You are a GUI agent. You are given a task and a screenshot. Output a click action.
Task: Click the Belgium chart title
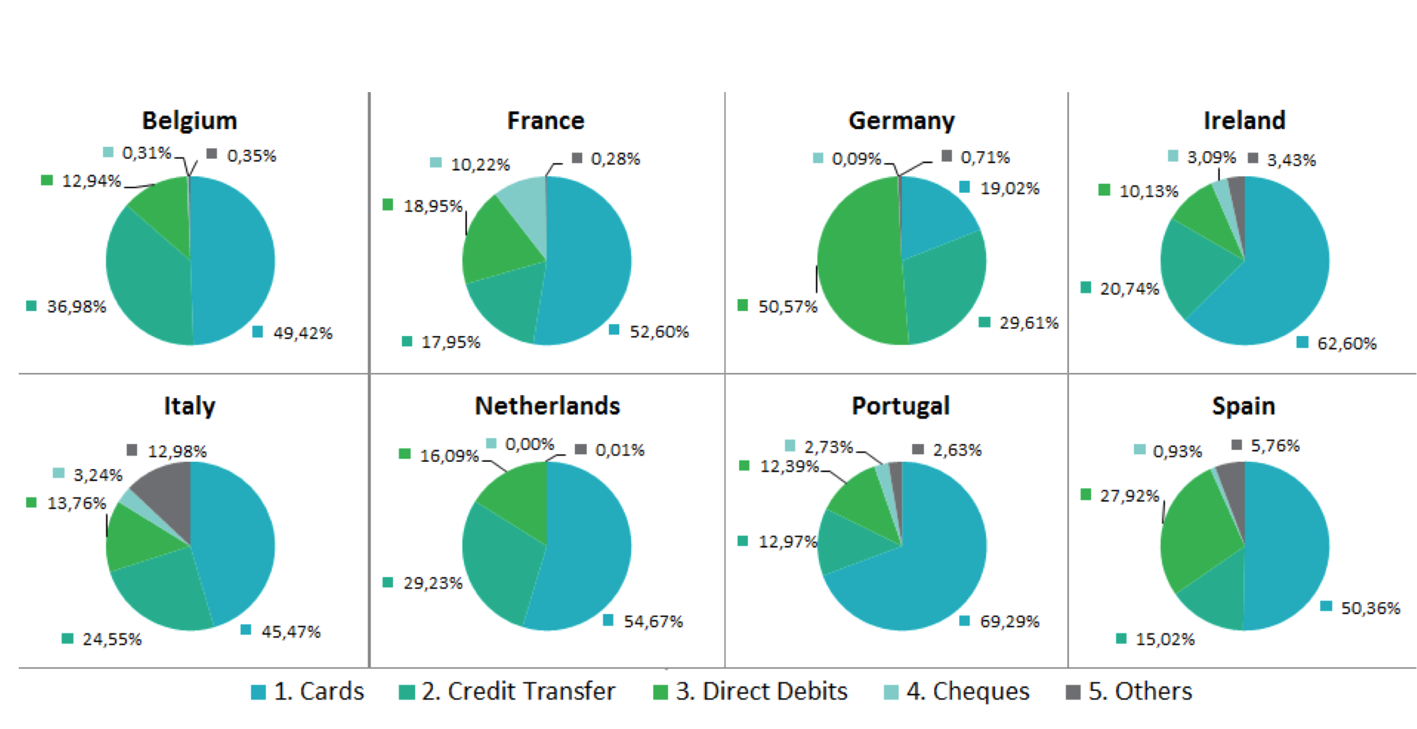pos(189,121)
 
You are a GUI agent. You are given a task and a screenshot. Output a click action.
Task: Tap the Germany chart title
pos(901,121)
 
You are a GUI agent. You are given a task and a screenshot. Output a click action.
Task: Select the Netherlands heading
pos(547,406)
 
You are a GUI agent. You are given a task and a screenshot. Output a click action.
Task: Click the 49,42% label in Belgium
pos(303,333)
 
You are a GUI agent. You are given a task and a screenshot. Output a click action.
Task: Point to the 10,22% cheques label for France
pos(480,165)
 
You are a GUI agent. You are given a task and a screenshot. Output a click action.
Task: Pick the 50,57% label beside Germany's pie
pos(788,307)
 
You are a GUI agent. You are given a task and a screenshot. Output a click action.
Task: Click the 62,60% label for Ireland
pos(1346,343)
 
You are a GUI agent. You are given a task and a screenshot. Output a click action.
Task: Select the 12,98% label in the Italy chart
pos(177,452)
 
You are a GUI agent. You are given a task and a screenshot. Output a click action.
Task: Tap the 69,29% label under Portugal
pos(1009,622)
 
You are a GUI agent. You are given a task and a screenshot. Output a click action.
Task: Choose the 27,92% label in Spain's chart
pos(1129,496)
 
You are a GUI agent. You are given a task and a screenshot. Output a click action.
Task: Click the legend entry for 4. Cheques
pos(967,691)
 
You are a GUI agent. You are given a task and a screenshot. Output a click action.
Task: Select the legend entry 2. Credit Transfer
pos(518,691)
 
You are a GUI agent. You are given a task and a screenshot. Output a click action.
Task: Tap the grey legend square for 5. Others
pos(1072,692)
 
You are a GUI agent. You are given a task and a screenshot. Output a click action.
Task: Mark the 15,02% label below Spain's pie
pos(1165,640)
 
